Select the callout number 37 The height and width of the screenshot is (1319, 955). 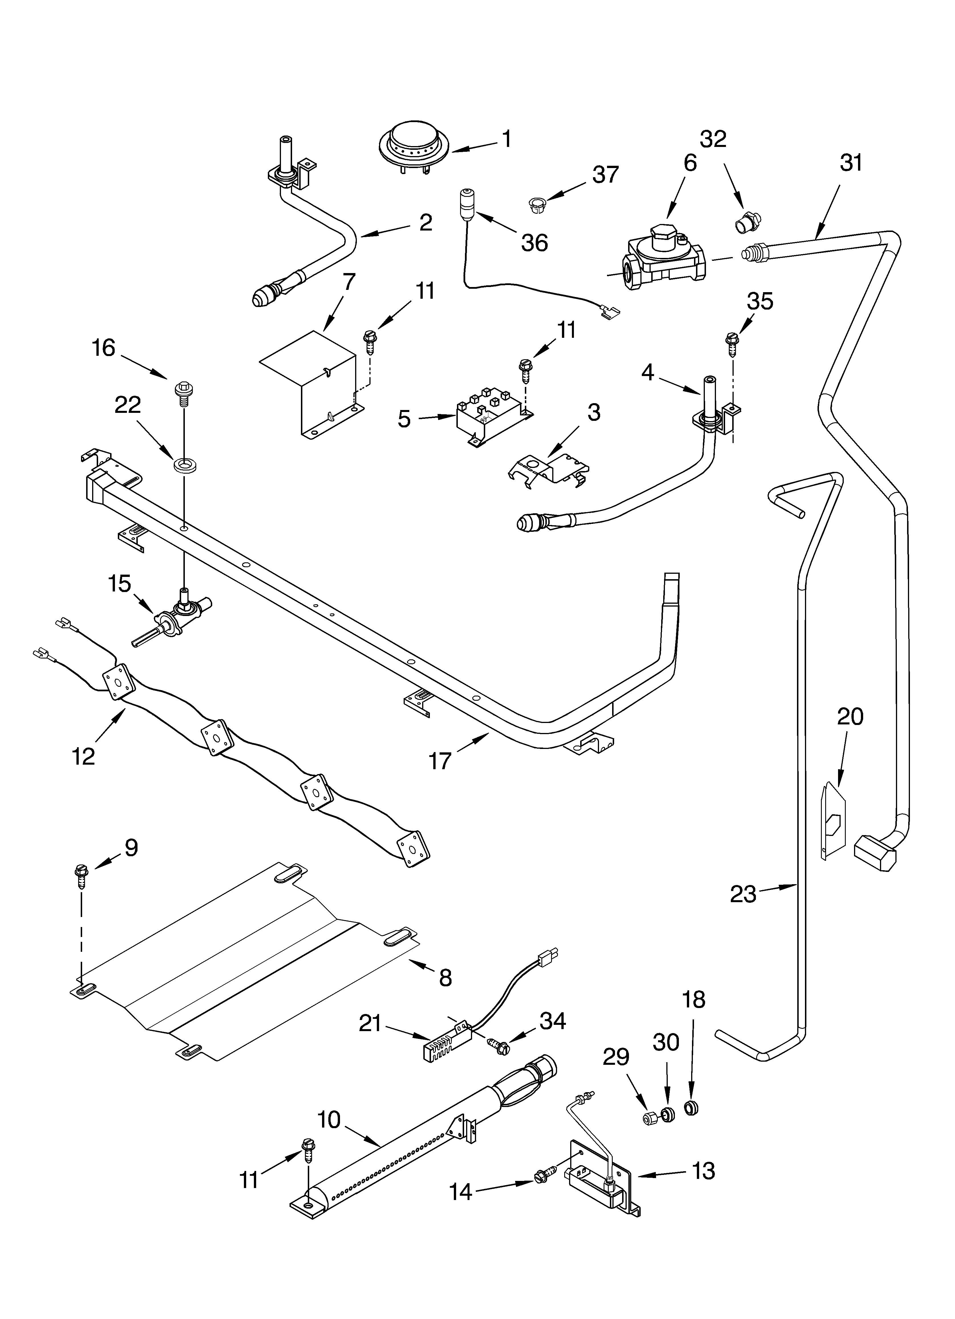pos(606,175)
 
